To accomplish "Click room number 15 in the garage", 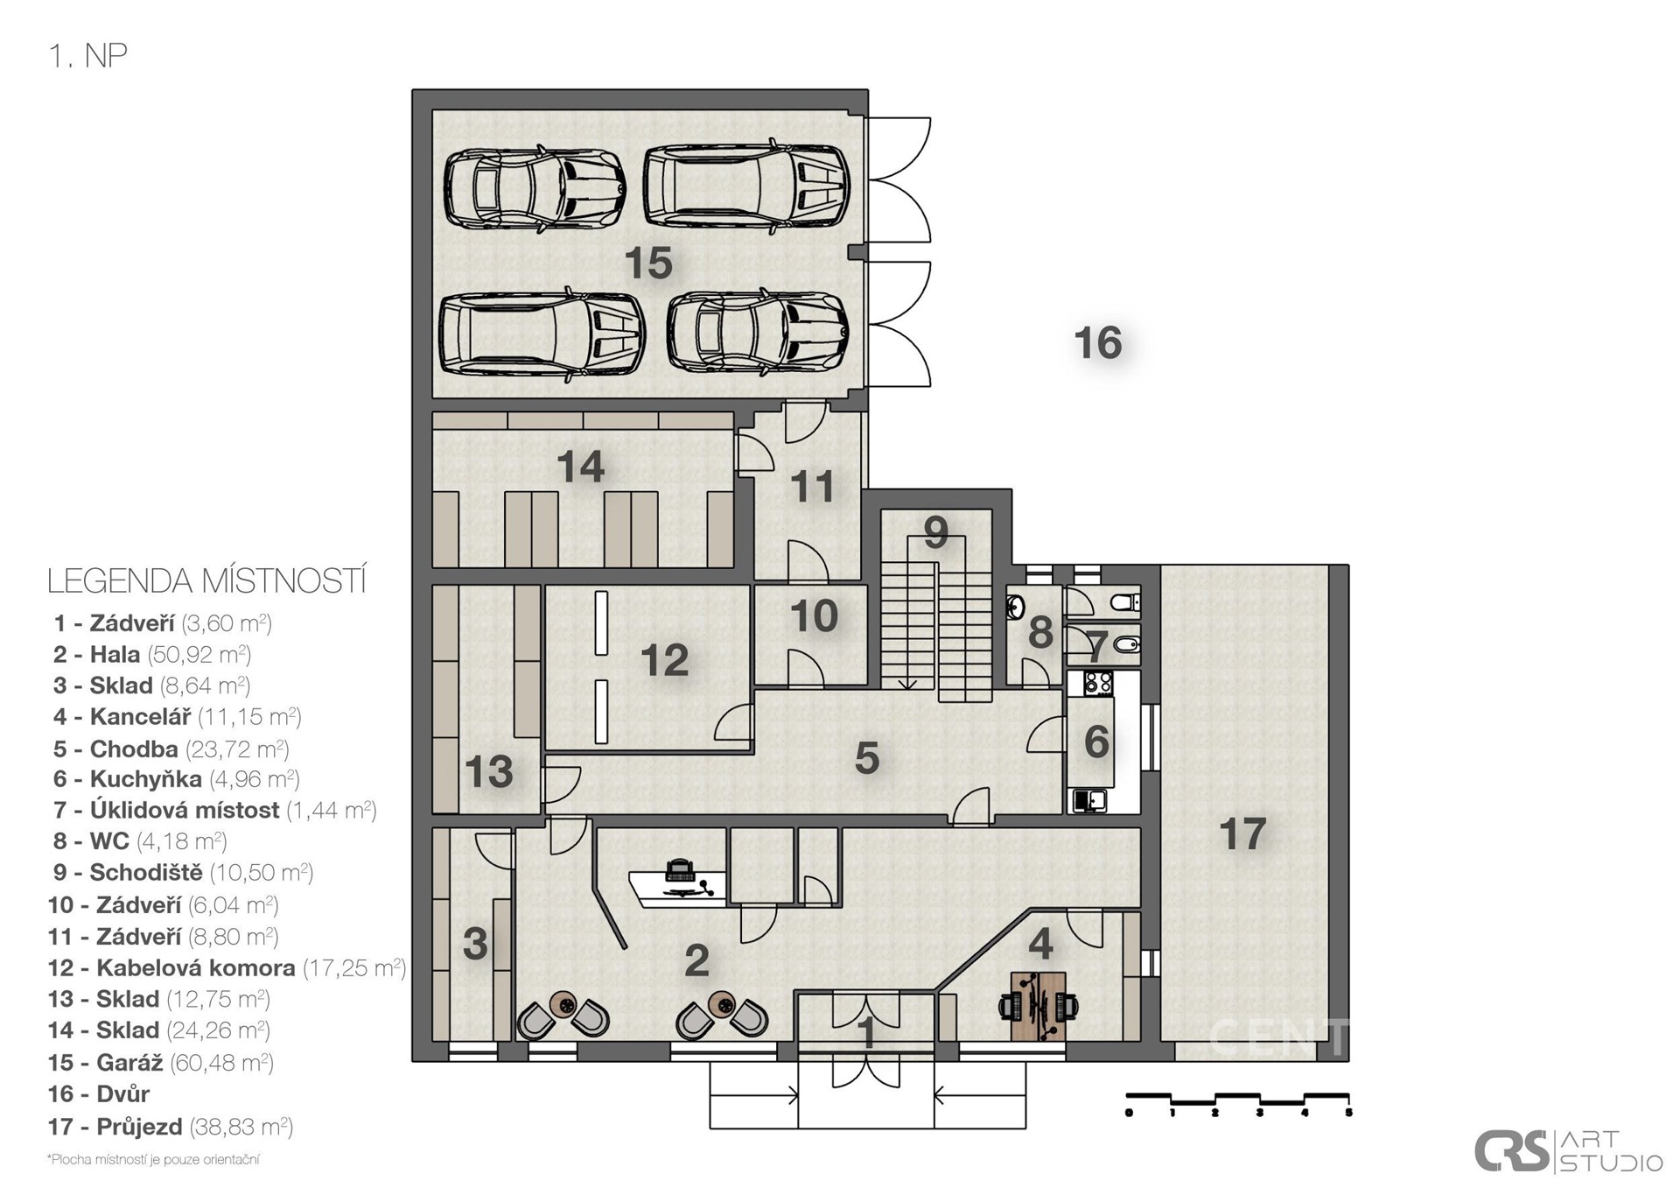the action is [648, 263].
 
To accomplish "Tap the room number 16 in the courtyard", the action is [1098, 342].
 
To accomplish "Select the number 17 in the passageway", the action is [1242, 833].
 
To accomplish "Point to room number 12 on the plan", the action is [664, 660].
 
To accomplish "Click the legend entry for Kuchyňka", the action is [176, 778].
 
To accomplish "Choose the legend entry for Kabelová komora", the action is [227, 967].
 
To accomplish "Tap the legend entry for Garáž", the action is [161, 1062].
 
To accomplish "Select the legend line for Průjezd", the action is [171, 1126].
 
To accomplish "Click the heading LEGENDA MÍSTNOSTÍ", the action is [206, 581].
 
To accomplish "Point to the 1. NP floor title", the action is [88, 56].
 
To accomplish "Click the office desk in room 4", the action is [1039, 1006].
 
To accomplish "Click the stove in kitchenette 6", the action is [1098, 683].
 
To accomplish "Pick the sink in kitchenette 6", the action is [1089, 800].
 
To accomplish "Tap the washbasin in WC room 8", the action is [1015, 606].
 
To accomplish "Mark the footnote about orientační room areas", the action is [153, 1159].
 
